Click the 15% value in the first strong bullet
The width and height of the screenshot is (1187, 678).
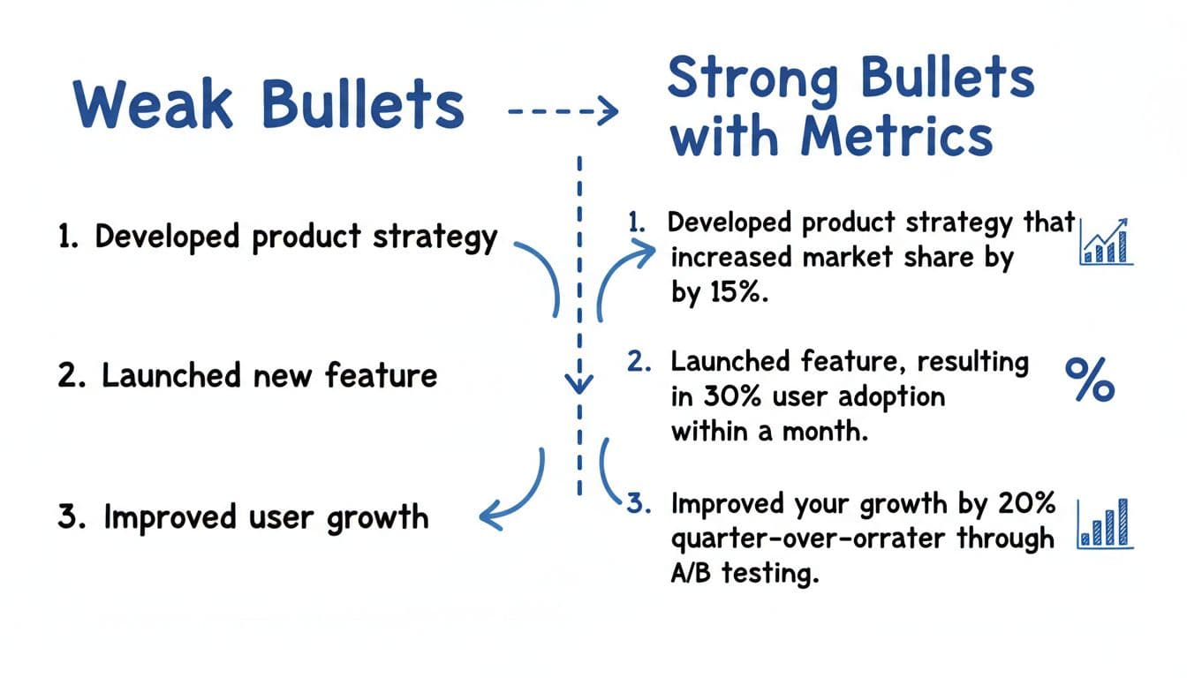(x=735, y=293)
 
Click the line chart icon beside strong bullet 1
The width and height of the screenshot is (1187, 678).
(x=1106, y=242)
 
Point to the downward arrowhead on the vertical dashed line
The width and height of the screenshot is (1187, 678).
(x=579, y=384)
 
